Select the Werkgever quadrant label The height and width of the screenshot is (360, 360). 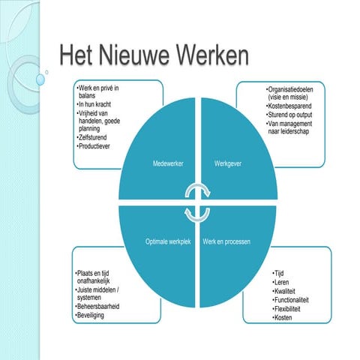click(229, 163)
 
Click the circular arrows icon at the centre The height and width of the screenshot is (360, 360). click(198, 202)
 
